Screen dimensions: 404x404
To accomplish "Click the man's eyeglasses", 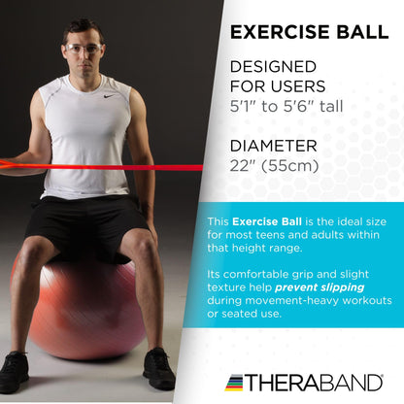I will [83, 49].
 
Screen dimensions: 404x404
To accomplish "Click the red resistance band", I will [117, 168].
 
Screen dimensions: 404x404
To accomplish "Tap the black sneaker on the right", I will [157, 368].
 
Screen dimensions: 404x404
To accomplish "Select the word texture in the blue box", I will [229, 286].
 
